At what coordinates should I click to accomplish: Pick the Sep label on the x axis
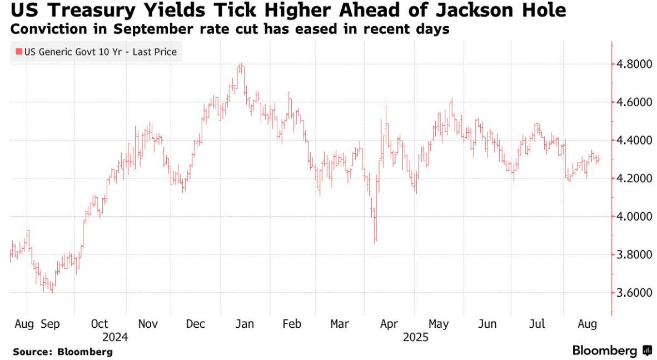tap(52, 323)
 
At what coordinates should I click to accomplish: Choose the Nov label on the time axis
tap(148, 323)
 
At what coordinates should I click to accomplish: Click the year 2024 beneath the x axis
tap(115, 337)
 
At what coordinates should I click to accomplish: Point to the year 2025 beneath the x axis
tap(416, 337)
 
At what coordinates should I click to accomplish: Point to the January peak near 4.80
tap(241, 65)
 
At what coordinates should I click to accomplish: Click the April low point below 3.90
tap(376, 241)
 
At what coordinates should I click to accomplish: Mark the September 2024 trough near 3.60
tap(52, 291)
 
